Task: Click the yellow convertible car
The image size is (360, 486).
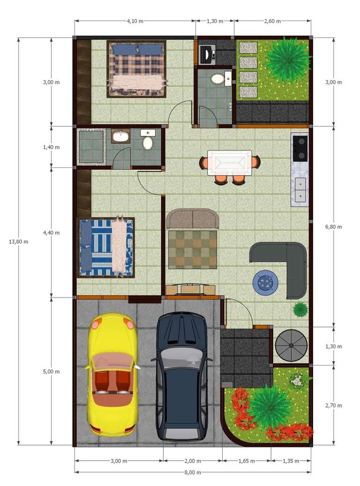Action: [x=112, y=375]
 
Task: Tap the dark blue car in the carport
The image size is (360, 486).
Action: [x=182, y=376]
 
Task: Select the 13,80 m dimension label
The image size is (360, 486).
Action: [x=18, y=242]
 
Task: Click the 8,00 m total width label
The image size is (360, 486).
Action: [x=193, y=472]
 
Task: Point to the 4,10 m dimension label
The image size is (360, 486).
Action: [x=135, y=21]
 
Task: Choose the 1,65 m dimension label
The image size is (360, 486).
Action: [x=247, y=461]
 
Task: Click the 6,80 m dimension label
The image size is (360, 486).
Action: [x=334, y=227]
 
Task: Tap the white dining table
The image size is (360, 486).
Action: [x=230, y=163]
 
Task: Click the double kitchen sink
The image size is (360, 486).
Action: [x=300, y=190]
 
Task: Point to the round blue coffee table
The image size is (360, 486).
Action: [x=265, y=283]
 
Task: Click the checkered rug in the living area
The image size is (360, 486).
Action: [x=193, y=250]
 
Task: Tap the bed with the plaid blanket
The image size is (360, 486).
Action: [x=136, y=69]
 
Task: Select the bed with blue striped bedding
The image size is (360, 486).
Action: [x=106, y=247]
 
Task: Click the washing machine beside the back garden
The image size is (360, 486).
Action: [x=207, y=54]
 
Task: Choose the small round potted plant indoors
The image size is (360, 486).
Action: [x=300, y=309]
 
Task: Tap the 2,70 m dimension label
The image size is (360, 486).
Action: [x=334, y=406]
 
